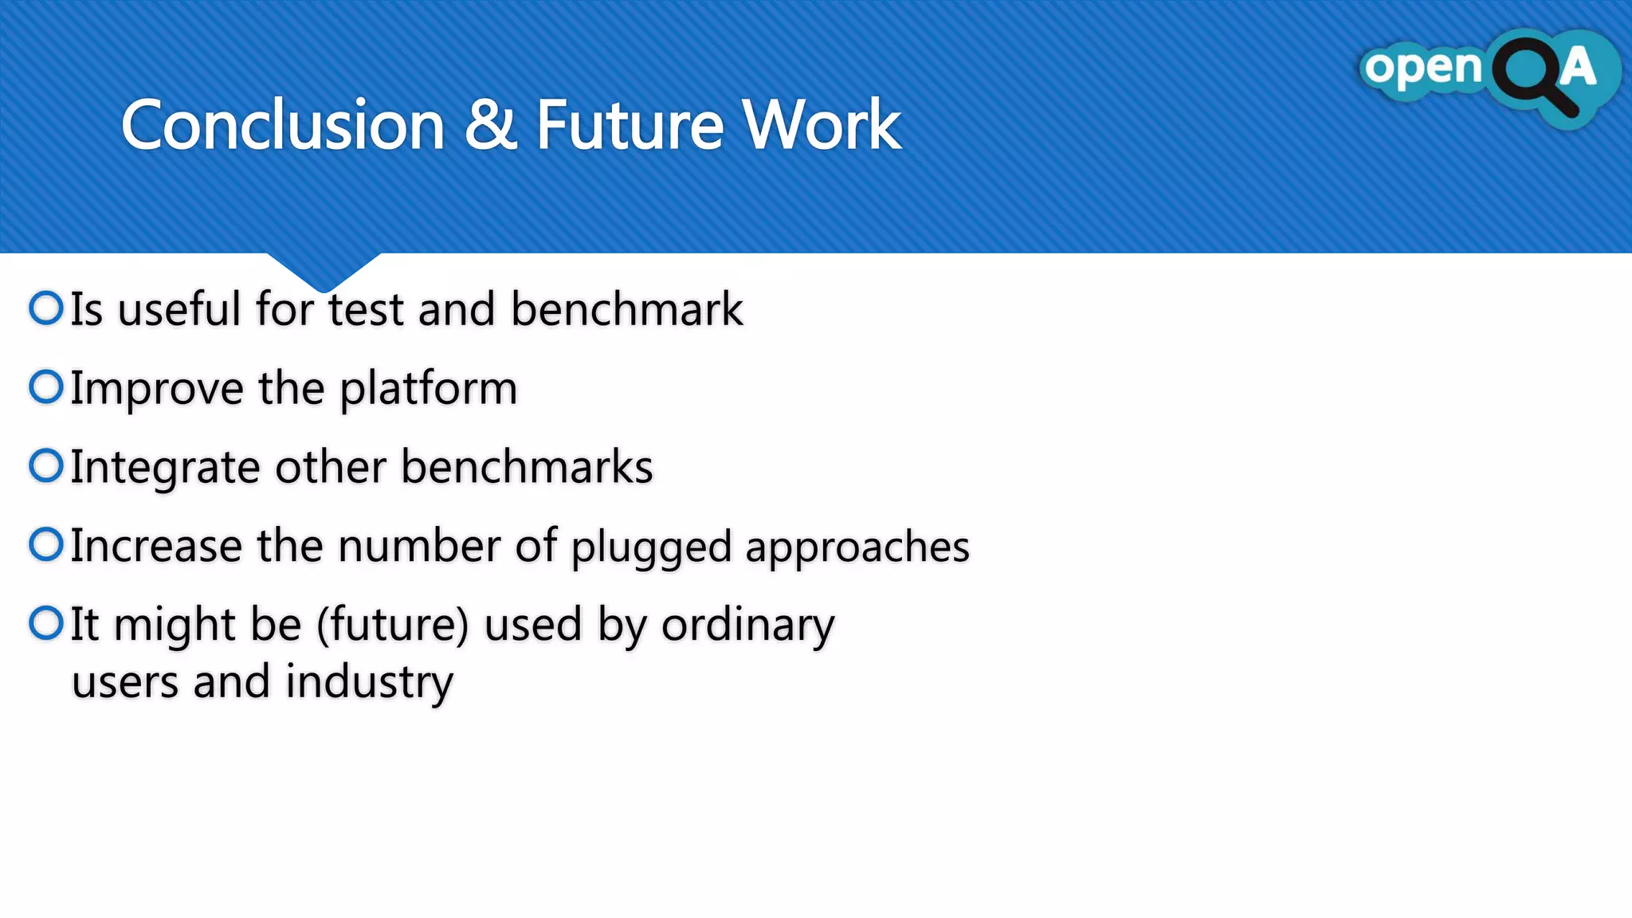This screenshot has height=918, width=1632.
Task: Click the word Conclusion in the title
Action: coord(282,125)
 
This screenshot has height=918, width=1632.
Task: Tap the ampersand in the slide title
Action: coord(490,125)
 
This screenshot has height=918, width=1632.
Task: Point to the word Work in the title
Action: coord(822,125)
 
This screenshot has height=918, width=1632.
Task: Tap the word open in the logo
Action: coord(1422,69)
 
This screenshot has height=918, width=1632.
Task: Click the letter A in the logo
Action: coord(1578,67)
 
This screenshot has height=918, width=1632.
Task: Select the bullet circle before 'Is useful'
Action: coord(46,308)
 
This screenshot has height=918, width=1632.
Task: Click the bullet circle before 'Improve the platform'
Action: coord(46,387)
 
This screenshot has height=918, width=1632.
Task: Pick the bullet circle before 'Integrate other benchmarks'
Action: coord(46,466)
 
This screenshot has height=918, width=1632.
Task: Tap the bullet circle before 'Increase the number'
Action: coord(46,545)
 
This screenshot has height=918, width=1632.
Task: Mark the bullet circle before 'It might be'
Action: coord(46,623)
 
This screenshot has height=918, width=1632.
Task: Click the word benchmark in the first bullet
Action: coord(626,309)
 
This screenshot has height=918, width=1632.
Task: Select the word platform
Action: coord(429,389)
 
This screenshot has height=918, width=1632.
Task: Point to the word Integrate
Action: coord(165,468)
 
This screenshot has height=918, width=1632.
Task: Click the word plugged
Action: coord(651,547)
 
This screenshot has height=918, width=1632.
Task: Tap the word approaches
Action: coord(857,547)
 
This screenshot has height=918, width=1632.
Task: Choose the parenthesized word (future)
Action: coord(392,625)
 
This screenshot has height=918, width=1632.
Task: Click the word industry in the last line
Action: coord(369,683)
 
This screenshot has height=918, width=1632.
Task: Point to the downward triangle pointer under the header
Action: coord(324,271)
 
